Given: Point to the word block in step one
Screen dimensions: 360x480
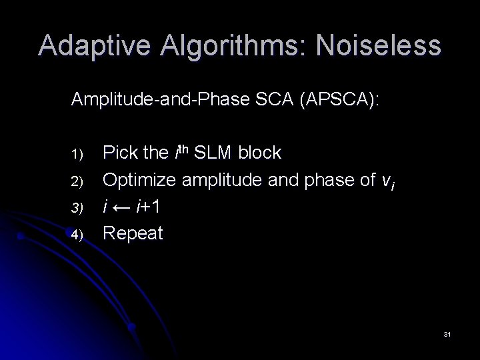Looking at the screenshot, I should pyautogui.click(x=259, y=153).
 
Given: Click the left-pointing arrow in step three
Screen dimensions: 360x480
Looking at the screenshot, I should pyautogui.click(x=123, y=207).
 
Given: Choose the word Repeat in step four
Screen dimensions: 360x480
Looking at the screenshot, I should pyautogui.click(x=133, y=234).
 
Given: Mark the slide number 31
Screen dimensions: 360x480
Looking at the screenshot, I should pyautogui.click(x=447, y=333).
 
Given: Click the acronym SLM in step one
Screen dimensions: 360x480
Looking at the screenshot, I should pyautogui.click(x=212, y=153).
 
